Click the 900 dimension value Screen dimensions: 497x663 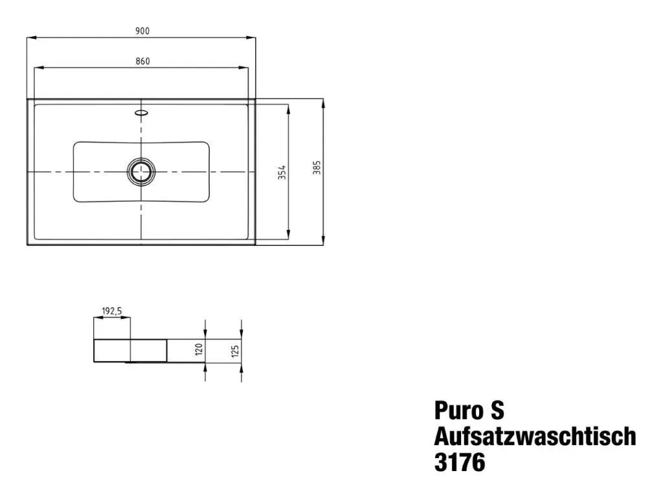[142, 31]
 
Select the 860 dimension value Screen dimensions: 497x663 [142, 61]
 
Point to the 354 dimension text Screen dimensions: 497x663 [282, 172]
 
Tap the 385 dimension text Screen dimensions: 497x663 [317, 168]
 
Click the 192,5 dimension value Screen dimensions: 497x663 [112, 311]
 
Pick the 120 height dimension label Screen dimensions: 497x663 [199, 350]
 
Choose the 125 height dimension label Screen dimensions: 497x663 [235, 350]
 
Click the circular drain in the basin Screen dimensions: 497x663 [140, 171]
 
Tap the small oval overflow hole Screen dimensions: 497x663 [140, 113]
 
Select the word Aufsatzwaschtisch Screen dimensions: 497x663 [535, 437]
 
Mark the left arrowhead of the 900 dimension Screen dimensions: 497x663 [30, 38]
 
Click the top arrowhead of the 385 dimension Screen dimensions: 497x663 [322, 102]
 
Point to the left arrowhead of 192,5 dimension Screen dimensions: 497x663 [97, 318]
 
